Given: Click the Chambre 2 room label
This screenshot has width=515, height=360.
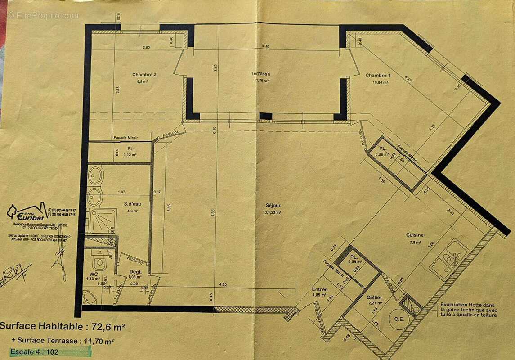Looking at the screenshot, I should pos(144,75).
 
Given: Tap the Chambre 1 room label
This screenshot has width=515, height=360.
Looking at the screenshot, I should pos(377,75).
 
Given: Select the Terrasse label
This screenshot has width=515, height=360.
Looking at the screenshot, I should pos(260,74).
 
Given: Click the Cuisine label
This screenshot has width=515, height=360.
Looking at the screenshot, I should pos(414,235).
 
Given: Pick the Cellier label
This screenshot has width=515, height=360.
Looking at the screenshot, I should pos(374,297).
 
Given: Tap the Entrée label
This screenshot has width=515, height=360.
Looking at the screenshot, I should pos(320,289).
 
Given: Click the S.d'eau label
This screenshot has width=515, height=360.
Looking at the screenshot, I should pos(133,204).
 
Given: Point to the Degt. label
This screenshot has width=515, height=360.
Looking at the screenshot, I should pos(135,272).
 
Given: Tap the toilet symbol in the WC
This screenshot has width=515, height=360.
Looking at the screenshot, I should pos(99,261).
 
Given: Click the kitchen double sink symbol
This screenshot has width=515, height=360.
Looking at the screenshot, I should pos(449,258).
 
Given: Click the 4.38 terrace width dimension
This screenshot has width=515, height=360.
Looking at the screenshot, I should pos(265,46).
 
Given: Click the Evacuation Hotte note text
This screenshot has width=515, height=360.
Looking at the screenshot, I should pos(469,310).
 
